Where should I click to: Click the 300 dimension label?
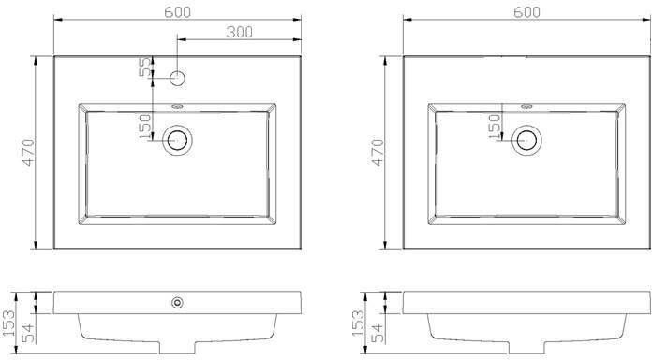[x=240, y=32]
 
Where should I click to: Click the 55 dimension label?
[x=145, y=67]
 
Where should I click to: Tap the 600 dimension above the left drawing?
[x=178, y=12]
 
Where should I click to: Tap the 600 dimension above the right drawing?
[x=526, y=12]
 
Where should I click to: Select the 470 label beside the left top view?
[x=29, y=152]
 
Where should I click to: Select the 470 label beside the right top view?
[x=378, y=152]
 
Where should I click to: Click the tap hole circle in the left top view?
[x=178, y=78]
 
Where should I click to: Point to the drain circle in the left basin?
[x=178, y=140]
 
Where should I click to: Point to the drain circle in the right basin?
[x=526, y=140]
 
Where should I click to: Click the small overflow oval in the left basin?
[x=178, y=106]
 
